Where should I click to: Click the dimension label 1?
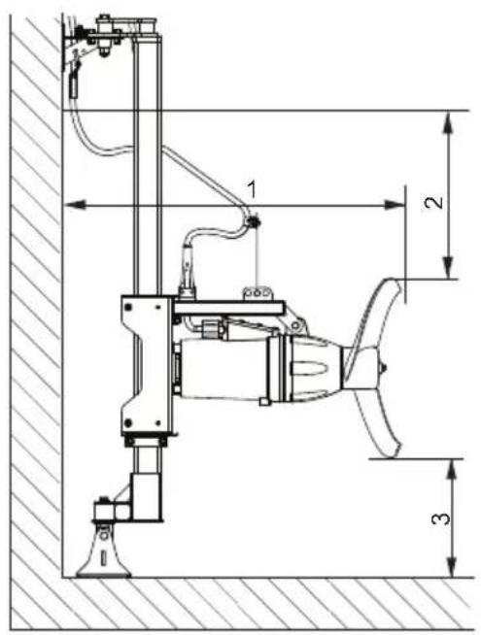(x=252, y=189)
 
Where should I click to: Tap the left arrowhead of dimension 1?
(x=75, y=205)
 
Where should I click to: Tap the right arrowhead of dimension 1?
(x=395, y=205)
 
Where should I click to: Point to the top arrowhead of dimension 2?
(x=447, y=122)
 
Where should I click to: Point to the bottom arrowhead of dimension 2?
(x=447, y=268)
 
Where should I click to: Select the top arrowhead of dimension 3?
(x=452, y=470)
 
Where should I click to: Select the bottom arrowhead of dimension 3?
(x=452, y=566)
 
